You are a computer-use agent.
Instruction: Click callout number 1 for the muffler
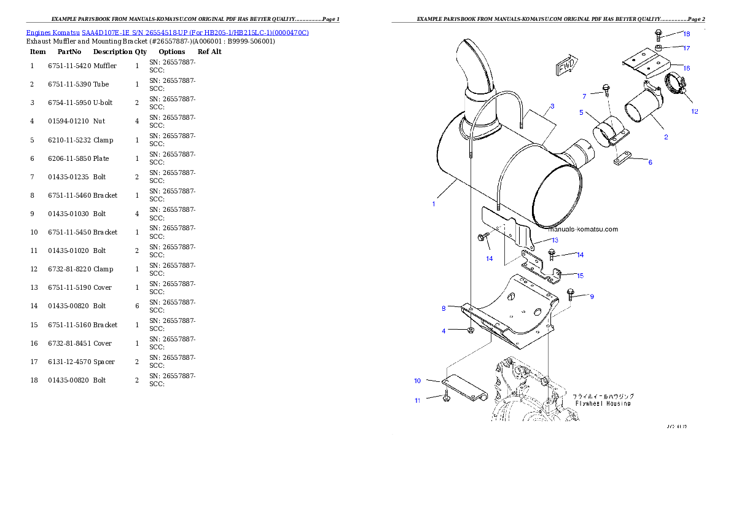point(434,204)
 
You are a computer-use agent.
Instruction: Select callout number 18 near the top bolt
point(686,34)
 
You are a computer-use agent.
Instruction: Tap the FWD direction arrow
point(566,68)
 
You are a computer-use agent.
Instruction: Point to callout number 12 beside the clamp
point(695,112)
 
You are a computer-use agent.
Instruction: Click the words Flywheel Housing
point(603,403)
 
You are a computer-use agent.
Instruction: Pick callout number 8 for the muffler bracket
point(444,308)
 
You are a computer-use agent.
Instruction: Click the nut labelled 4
point(470,331)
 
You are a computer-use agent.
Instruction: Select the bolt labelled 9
point(571,295)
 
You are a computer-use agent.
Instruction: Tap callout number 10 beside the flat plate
point(417,381)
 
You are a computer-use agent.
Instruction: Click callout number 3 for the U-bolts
point(552,106)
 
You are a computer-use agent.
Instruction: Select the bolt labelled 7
point(606,90)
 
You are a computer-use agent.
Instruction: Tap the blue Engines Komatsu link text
point(167,32)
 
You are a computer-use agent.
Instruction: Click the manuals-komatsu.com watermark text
point(583,229)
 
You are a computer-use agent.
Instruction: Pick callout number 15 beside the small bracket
point(580,276)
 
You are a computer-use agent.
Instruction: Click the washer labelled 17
point(658,47)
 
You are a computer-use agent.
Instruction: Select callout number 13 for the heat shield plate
point(554,240)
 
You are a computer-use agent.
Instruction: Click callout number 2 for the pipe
point(666,137)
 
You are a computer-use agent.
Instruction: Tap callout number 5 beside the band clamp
point(581,112)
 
